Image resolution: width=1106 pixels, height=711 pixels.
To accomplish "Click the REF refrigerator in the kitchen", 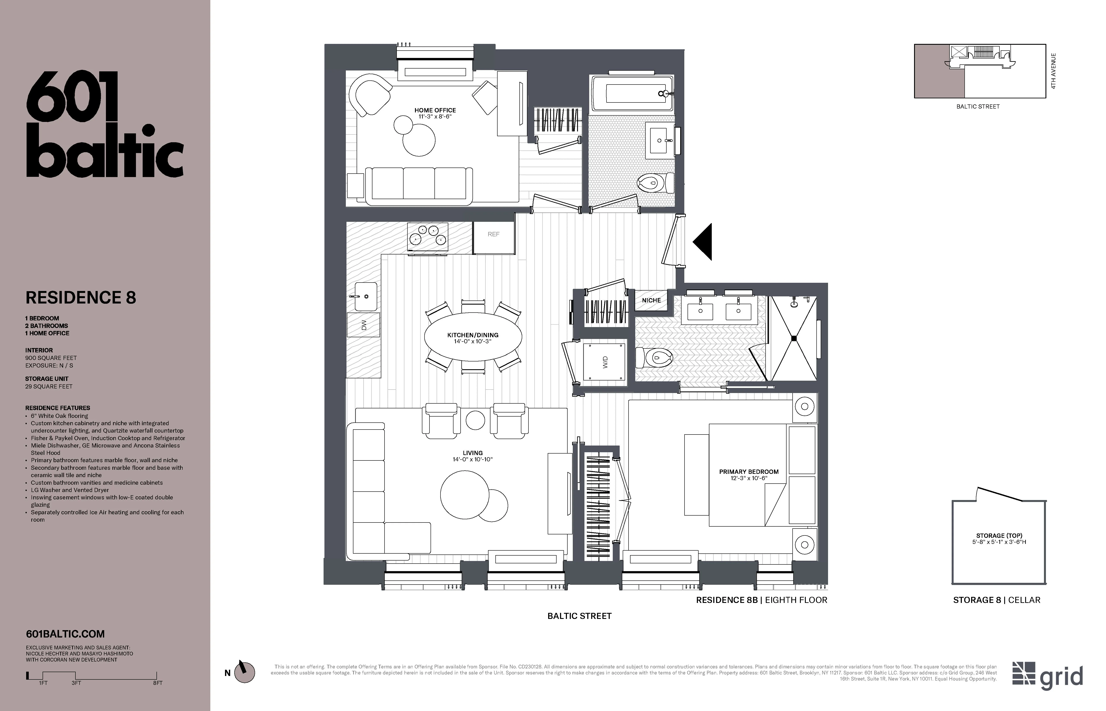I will (x=493, y=238).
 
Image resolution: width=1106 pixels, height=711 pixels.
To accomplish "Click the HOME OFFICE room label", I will (x=435, y=110).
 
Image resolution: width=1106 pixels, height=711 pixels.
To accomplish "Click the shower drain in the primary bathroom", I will (x=794, y=338).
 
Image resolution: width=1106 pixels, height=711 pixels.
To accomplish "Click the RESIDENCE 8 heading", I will (x=81, y=298).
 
